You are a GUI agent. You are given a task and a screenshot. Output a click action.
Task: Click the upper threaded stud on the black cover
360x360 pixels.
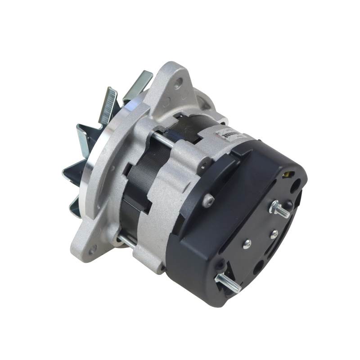point(280,209)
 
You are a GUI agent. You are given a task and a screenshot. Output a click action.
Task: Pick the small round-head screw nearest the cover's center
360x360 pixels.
point(247,244)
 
